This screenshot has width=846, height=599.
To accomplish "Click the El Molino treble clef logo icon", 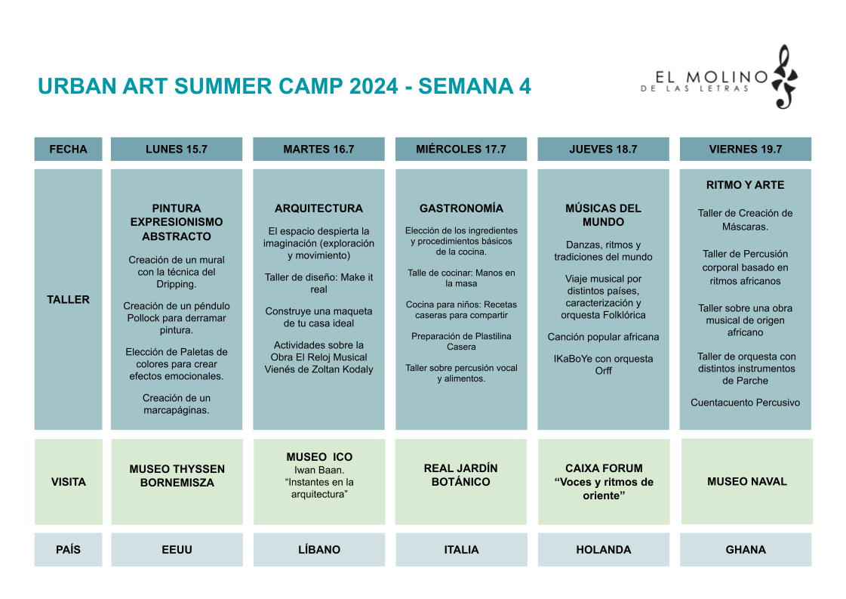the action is point(785,77).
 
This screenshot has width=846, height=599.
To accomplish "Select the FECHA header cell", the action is point(68,149).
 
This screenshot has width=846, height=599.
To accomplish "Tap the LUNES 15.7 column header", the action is point(177,149).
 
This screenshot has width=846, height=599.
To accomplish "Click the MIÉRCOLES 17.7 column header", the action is point(461,149).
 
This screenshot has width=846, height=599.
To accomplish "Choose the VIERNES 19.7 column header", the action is point(745,149).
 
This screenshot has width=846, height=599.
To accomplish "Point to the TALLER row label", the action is point(68,299).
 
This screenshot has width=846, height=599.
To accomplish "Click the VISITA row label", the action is point(68,482).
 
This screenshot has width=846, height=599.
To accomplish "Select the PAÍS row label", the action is point(68,550).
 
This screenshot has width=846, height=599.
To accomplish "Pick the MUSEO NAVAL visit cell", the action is point(746,481).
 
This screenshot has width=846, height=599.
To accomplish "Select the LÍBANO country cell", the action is point(319,550).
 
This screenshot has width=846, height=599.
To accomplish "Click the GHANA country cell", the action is point(746,550).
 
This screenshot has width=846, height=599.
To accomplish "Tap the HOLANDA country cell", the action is point(603,550).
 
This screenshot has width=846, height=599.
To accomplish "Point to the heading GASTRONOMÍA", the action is point(461,208).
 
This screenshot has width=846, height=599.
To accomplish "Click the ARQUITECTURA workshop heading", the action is point(319,208).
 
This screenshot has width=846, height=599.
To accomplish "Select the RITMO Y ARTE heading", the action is point(745,185).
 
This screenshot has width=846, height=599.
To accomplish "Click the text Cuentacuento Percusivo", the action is point(745,403).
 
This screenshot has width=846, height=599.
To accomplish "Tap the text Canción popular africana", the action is point(603,337).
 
